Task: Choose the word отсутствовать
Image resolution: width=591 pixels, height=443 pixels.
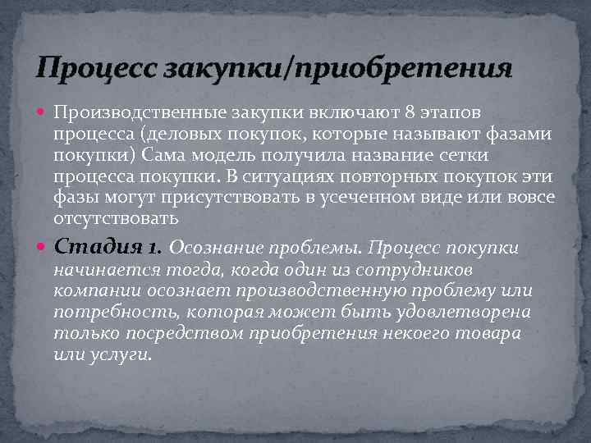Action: (x=115, y=219)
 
